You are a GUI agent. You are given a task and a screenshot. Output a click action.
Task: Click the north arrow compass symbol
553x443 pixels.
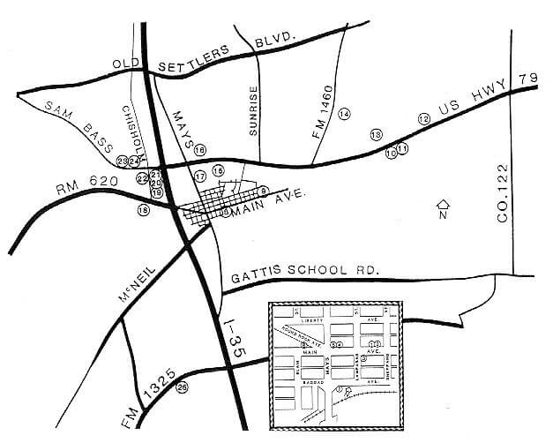pyautogui.click(x=444, y=209)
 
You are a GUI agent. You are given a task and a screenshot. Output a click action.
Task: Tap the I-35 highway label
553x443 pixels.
pyautogui.click(x=231, y=338)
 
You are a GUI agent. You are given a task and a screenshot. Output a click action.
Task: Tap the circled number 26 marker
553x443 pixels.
pyautogui.click(x=183, y=387)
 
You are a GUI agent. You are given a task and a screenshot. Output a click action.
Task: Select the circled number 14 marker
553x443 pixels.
pyautogui.click(x=344, y=114)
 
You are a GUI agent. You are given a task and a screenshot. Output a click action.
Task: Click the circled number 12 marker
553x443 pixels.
pyautogui.click(x=423, y=118)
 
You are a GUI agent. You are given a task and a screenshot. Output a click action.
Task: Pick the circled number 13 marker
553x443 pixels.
pyautogui.click(x=376, y=134)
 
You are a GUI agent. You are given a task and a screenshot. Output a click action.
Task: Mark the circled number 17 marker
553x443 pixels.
pyautogui.click(x=200, y=176)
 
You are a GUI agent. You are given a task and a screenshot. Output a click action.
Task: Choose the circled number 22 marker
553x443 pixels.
pyautogui.click(x=142, y=177)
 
